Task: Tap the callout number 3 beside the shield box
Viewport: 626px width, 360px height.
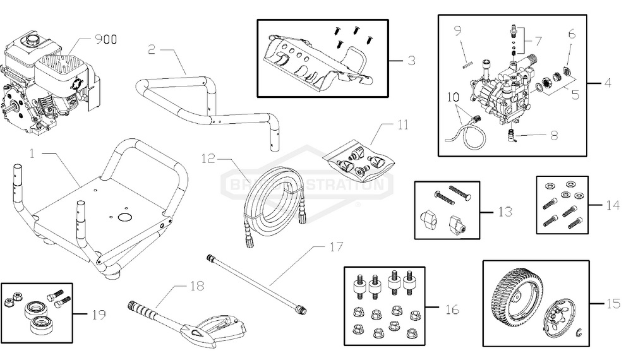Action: [x=411, y=61]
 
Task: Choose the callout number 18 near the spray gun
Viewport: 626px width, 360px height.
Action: [x=198, y=285]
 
